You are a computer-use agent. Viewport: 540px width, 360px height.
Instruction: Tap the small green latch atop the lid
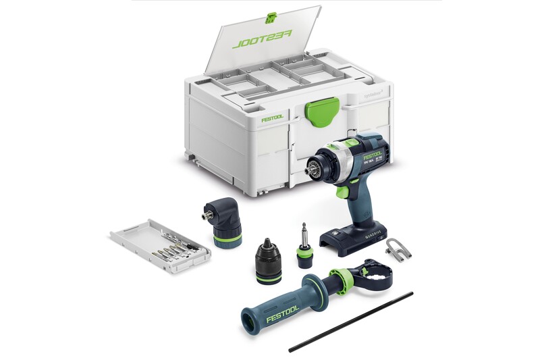272,16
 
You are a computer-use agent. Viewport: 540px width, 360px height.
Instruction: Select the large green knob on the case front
323,109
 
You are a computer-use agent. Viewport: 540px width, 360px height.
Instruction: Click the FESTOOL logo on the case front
272,119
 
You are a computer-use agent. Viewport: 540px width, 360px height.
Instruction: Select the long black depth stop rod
351,322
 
